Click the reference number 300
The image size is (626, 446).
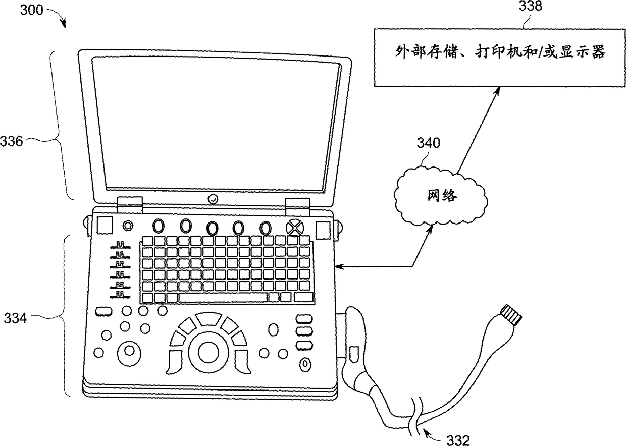point(32,10)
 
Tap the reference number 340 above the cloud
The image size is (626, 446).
point(428,143)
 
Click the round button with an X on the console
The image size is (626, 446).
point(293,228)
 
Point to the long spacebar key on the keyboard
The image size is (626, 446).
point(223,297)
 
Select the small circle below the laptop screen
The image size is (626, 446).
point(213,200)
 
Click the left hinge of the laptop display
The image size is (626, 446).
point(129,204)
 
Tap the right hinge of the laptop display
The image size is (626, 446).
point(297,204)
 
